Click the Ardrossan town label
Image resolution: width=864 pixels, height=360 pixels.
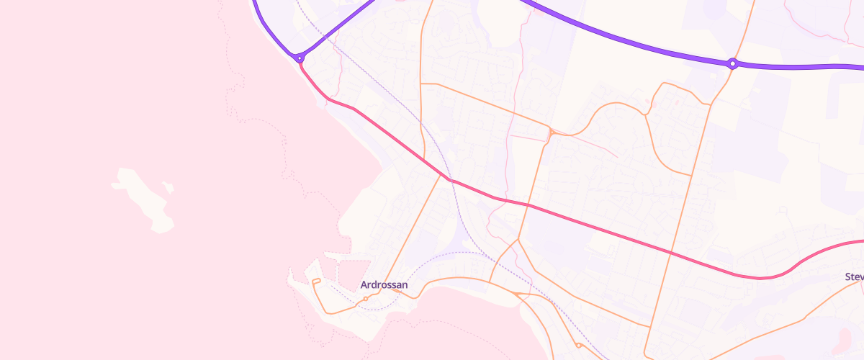pyautogui.click(x=384, y=285)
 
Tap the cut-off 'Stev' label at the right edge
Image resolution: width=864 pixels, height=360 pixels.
pyautogui.click(x=854, y=276)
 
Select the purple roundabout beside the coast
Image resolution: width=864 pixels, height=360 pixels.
pyautogui.click(x=300, y=58)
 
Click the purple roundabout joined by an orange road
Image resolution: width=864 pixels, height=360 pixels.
pyautogui.click(x=732, y=64)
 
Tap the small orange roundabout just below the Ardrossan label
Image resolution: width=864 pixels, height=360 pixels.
pyautogui.click(x=366, y=298)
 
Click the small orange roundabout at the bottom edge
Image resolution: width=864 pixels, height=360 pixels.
pyautogui.click(x=579, y=345)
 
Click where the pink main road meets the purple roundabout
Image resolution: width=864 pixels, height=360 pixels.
pyautogui.click(x=301, y=63)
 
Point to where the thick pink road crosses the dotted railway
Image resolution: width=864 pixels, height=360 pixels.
pyautogui.click(x=451, y=179)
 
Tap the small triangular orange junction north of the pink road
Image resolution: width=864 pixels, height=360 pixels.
pyautogui.click(x=551, y=132)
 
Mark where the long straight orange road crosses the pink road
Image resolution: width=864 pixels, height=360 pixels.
pyautogui.click(x=670, y=253)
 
